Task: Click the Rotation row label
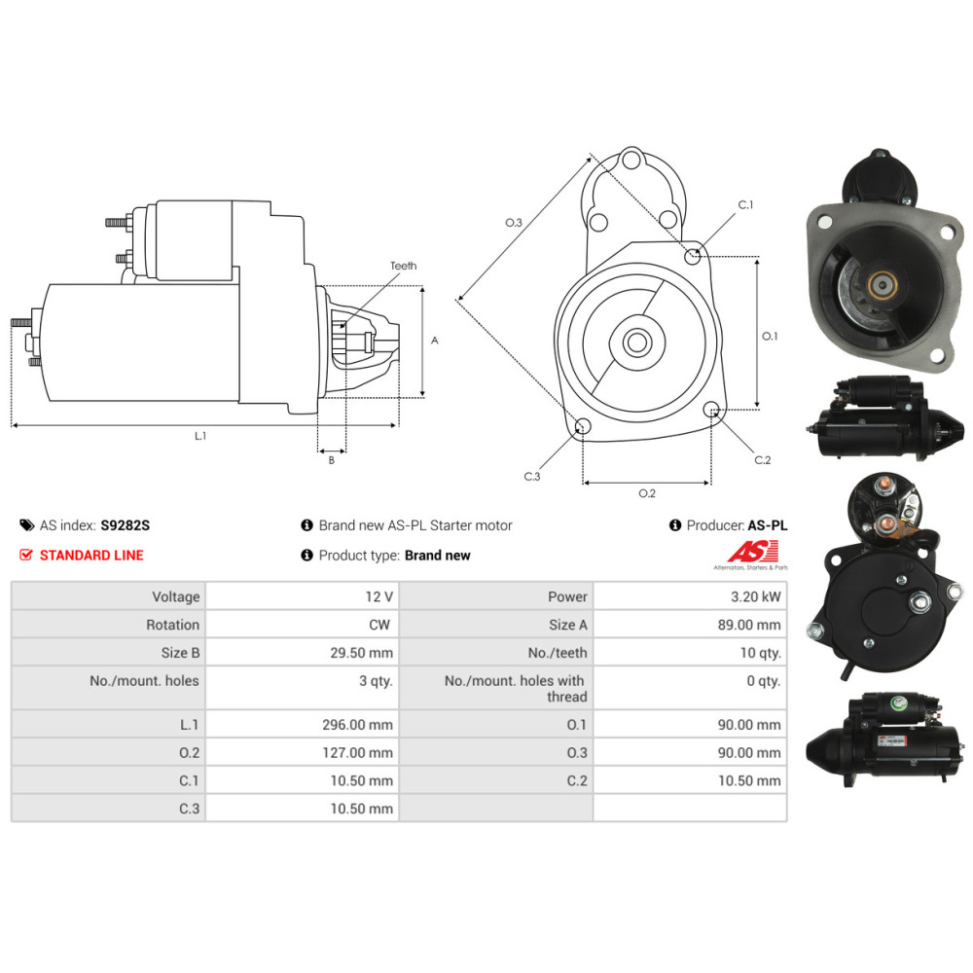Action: [x=172, y=625]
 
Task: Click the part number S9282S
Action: [x=126, y=525]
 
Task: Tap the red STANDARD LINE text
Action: [x=91, y=556]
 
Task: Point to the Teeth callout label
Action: [x=403, y=266]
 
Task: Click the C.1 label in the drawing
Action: [x=746, y=205]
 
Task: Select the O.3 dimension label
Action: [x=514, y=223]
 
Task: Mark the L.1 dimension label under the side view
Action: [x=200, y=436]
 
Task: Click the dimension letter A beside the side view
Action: [x=434, y=341]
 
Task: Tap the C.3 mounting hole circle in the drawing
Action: [x=583, y=426]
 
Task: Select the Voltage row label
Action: [x=175, y=596]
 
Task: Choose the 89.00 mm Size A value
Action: [x=754, y=625]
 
